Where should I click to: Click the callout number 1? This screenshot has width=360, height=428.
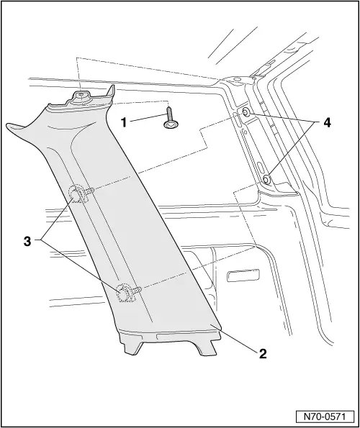click(x=124, y=122)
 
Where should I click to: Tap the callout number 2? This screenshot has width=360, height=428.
click(x=263, y=354)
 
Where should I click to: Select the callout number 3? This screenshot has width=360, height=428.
click(x=27, y=241)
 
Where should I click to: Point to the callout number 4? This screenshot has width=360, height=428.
click(x=327, y=123)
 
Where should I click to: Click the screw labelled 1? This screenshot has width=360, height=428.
click(x=169, y=119)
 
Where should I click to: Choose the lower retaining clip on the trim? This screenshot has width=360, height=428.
click(x=127, y=292)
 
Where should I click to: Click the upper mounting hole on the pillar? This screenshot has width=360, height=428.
click(x=246, y=112)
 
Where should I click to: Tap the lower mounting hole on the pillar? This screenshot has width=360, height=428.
click(x=266, y=179)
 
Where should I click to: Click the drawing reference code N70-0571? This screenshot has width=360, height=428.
click(x=325, y=416)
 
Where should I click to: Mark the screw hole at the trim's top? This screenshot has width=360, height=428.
click(x=81, y=94)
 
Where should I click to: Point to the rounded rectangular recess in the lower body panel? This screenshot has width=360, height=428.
click(x=243, y=275)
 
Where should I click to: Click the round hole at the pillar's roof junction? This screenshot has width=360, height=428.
click(x=238, y=79)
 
